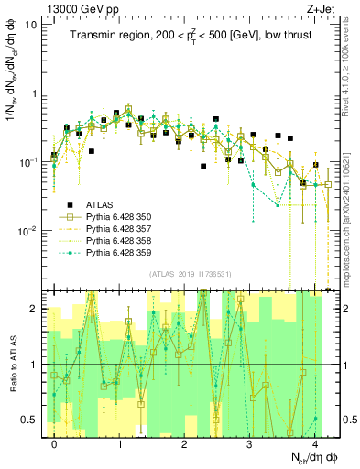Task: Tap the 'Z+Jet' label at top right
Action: pyautogui.click(x=317, y=8)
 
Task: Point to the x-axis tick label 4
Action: pyautogui.click(x=314, y=443)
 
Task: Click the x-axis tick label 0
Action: pyautogui.click(x=54, y=443)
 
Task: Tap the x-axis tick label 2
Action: pyautogui.click(x=184, y=443)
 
